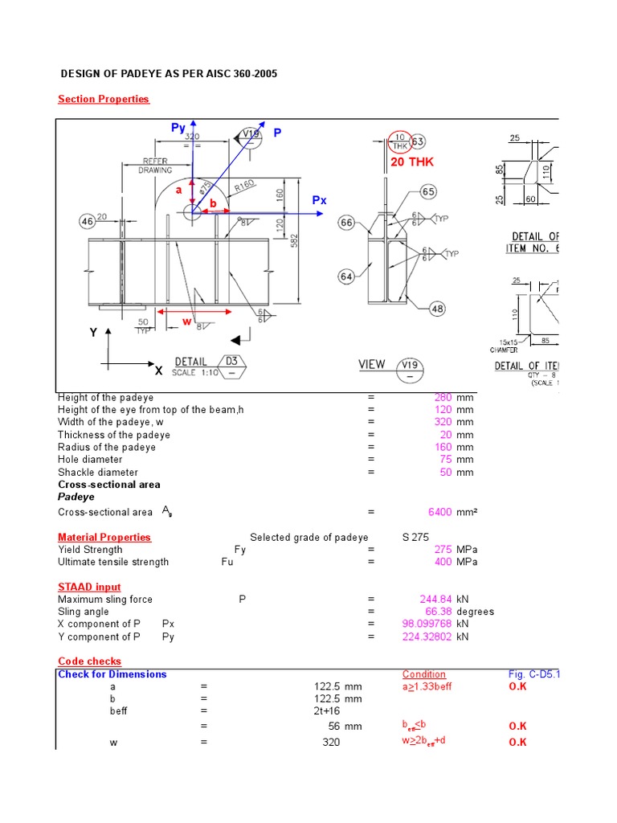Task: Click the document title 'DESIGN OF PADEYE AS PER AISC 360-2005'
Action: pyautogui.click(x=169, y=74)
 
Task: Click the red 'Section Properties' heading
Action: pyautogui.click(x=104, y=99)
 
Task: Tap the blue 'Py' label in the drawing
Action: pyautogui.click(x=178, y=128)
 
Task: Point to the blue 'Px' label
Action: pyautogui.click(x=319, y=200)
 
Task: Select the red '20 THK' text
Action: pyautogui.click(x=411, y=162)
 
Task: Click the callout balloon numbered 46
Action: pyautogui.click(x=87, y=221)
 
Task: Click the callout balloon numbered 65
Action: pyautogui.click(x=428, y=192)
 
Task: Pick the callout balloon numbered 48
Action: pyautogui.click(x=437, y=309)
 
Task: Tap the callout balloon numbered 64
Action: pyautogui.click(x=346, y=276)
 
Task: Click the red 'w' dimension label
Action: pyautogui.click(x=187, y=321)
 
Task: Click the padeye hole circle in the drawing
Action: pyautogui.click(x=192, y=212)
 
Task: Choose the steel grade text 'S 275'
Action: pyautogui.click(x=415, y=538)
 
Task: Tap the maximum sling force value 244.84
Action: pyautogui.click(x=436, y=600)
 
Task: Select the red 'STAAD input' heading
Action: pyautogui.click(x=89, y=588)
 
